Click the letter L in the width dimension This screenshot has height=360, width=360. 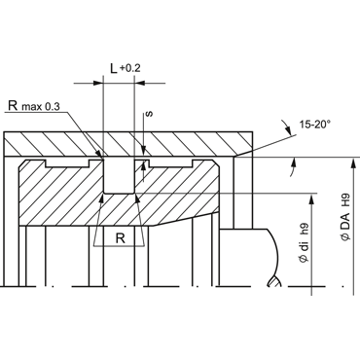pyautogui.click(x=114, y=68)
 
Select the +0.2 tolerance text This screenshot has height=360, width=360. pyautogui.click(x=130, y=68)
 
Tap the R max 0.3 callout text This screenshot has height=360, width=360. pyautogui.click(x=34, y=106)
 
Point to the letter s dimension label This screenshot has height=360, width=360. pyautogui.click(x=150, y=114)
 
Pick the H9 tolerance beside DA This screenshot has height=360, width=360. pyautogui.click(x=346, y=199)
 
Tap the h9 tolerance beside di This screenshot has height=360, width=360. pyautogui.click(x=305, y=231)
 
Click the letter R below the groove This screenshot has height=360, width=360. pyautogui.click(x=121, y=238)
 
